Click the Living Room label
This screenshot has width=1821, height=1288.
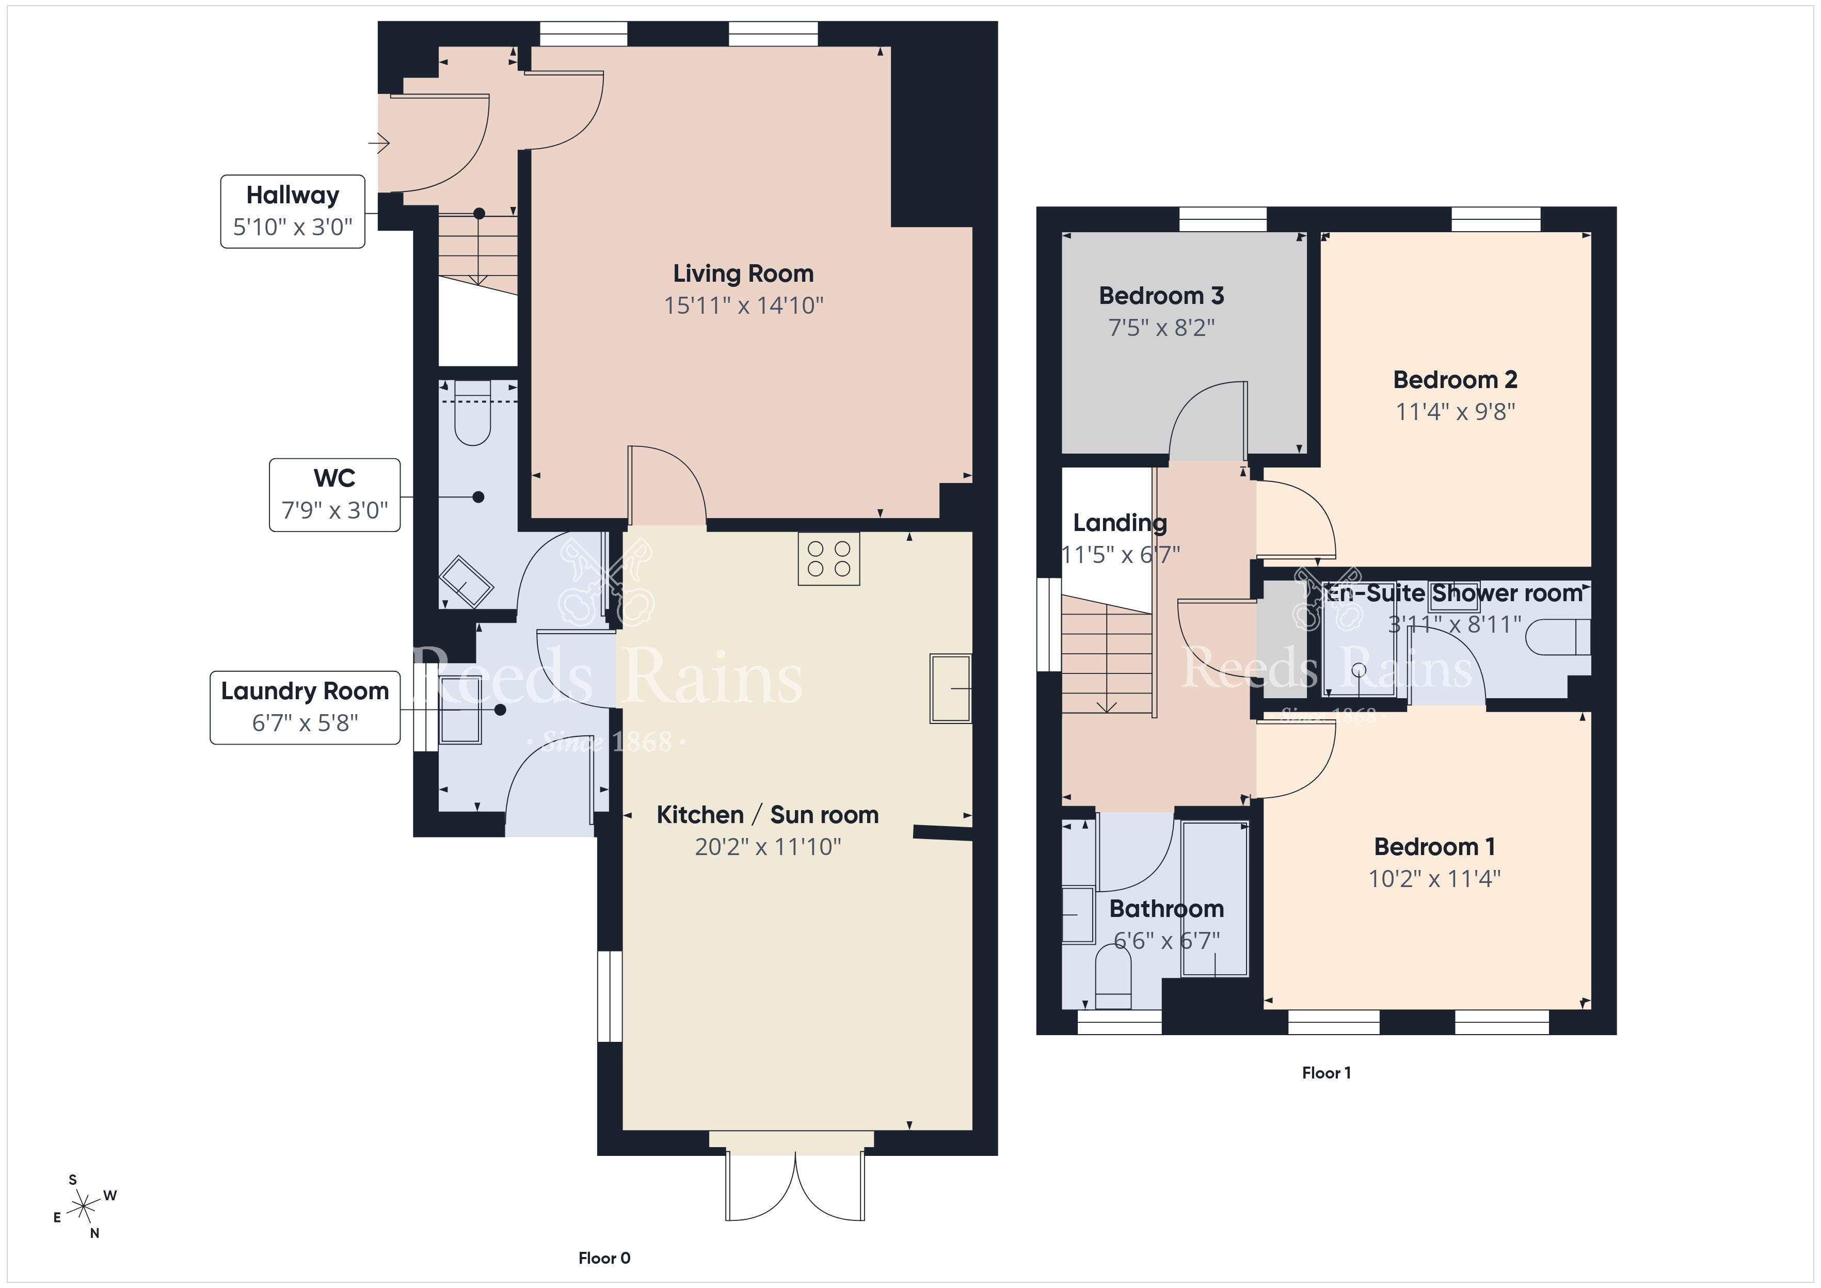pos(743,273)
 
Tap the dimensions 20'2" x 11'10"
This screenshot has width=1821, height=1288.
pos(768,847)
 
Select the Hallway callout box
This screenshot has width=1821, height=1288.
pos(293,212)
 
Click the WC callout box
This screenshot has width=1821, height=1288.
pos(334,495)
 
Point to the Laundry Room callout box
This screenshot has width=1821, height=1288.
pos(306,707)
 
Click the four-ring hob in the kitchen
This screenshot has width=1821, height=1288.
pos(829,559)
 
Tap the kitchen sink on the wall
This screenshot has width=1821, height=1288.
pos(951,688)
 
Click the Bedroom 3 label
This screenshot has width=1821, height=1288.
pos(1161,296)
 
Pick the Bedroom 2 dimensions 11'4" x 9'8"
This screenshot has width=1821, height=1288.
pos(1456,412)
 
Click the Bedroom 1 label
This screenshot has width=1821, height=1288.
pos(1435,847)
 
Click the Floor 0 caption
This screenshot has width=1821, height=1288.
pos(604,1258)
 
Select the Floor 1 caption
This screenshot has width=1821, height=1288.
pos(1326,1073)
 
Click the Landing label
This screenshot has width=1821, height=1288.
pos(1120,523)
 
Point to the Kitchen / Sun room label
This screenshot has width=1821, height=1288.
pos(768,815)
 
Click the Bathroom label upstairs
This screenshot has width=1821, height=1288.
pos(1166,909)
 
